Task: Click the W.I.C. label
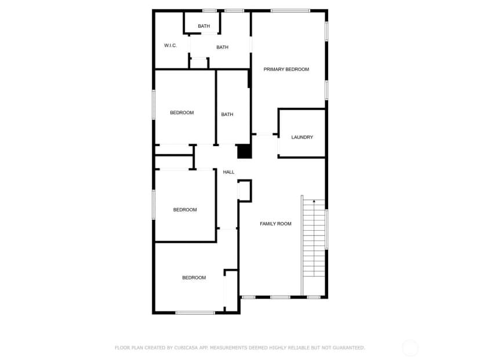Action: coord(170,46)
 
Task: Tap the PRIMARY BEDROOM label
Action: coord(286,70)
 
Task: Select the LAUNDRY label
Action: coord(302,137)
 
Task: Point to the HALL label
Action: coord(228,172)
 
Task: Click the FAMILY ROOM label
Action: coord(275,224)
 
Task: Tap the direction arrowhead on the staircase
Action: coord(314,201)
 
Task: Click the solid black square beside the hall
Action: coord(245,151)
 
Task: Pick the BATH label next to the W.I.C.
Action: coord(222,47)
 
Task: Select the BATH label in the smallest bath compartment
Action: coord(204,26)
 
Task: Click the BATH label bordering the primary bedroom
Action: coord(227,114)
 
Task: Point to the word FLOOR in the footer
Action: coord(122,348)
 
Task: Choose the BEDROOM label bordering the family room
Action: coord(194,278)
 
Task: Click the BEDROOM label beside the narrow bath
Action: coord(182,112)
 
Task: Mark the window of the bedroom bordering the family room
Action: coord(195,312)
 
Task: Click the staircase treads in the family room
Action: coord(314,238)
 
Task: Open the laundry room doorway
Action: coord(279,146)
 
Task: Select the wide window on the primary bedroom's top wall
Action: coord(290,11)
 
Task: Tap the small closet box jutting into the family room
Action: coord(245,191)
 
